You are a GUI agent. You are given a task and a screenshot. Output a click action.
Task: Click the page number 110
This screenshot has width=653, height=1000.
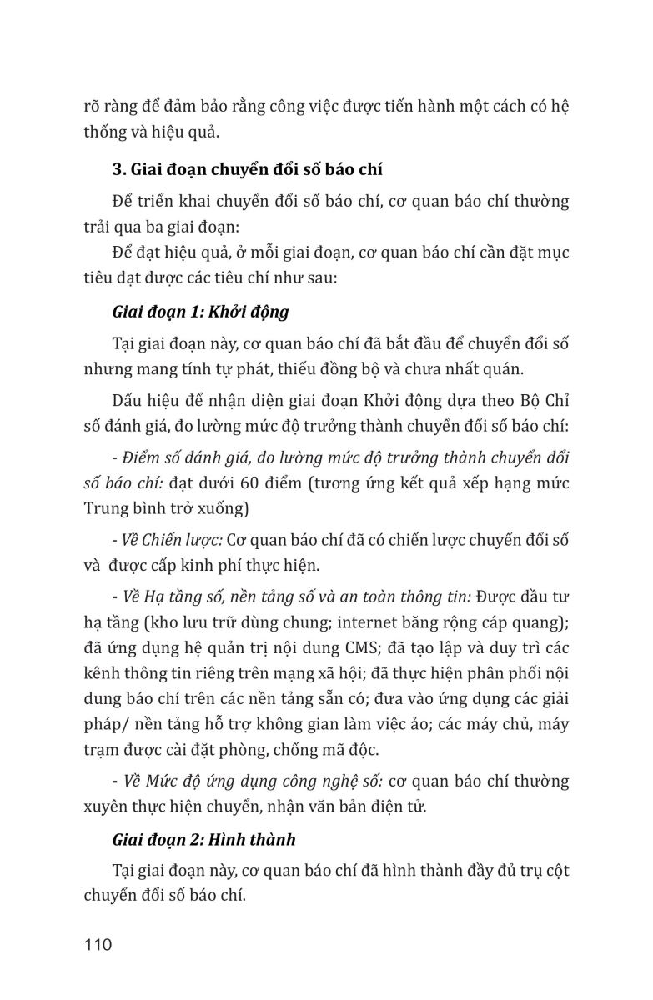pos(98,945)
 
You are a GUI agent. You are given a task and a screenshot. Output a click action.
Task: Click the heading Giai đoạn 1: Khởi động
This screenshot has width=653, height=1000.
pos(200,312)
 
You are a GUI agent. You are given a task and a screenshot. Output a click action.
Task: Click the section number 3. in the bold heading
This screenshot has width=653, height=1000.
pos(118,171)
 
